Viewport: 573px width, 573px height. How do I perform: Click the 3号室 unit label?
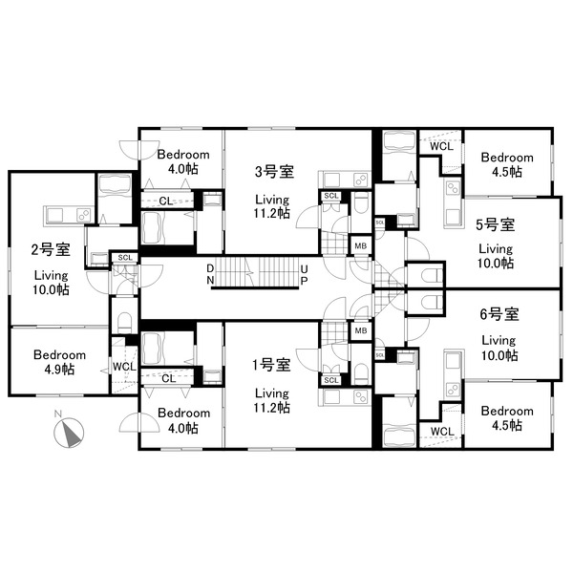[274, 171]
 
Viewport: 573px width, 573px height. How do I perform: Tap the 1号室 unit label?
[271, 365]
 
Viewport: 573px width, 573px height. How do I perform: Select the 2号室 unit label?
[51, 249]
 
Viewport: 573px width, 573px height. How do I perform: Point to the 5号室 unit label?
[496, 224]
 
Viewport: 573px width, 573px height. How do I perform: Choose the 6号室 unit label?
[499, 314]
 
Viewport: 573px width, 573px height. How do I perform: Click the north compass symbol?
[69, 433]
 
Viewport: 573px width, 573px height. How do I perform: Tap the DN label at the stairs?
[210, 274]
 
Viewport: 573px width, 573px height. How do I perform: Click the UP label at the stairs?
[304, 275]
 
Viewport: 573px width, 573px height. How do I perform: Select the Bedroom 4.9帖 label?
[59, 362]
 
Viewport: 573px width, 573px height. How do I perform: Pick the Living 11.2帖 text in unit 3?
[272, 206]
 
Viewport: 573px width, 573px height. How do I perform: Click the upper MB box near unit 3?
[361, 246]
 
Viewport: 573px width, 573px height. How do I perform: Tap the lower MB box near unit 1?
[361, 330]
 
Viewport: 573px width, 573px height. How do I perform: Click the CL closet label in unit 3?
[166, 201]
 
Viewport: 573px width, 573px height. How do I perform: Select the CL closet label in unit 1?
[168, 378]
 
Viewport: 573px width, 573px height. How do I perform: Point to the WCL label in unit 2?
[124, 367]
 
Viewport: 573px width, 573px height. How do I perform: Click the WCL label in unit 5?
[441, 146]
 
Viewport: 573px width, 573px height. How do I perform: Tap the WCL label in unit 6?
[442, 432]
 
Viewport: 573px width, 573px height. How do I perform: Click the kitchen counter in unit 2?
[69, 215]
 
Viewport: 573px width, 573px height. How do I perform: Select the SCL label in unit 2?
[125, 258]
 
